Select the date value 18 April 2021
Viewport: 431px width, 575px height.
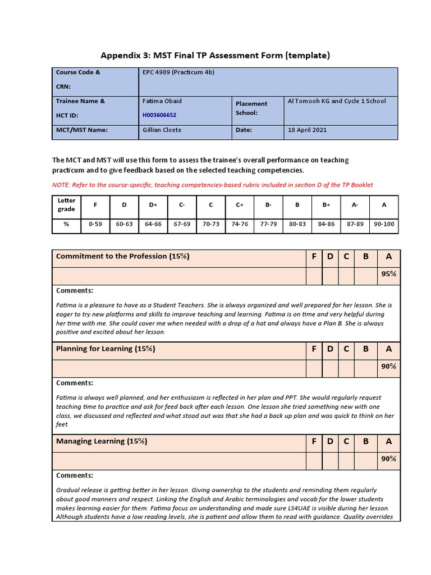[x=307, y=130]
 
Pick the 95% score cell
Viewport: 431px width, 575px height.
[x=389, y=274]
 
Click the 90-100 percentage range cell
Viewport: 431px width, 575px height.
[x=384, y=223]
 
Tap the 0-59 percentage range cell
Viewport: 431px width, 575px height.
[x=95, y=223]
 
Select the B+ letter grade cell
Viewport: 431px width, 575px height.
[x=326, y=204]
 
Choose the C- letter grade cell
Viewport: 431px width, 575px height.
[x=182, y=204]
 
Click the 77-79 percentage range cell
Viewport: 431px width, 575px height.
[x=268, y=223]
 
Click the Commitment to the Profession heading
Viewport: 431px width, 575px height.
[x=122, y=256]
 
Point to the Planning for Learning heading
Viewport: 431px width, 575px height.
[x=106, y=349]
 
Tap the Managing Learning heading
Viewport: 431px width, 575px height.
[x=102, y=441]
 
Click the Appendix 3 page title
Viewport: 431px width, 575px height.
[x=215, y=55]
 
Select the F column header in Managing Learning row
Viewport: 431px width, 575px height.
[x=314, y=441]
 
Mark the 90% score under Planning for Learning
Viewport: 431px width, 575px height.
[x=389, y=366]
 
